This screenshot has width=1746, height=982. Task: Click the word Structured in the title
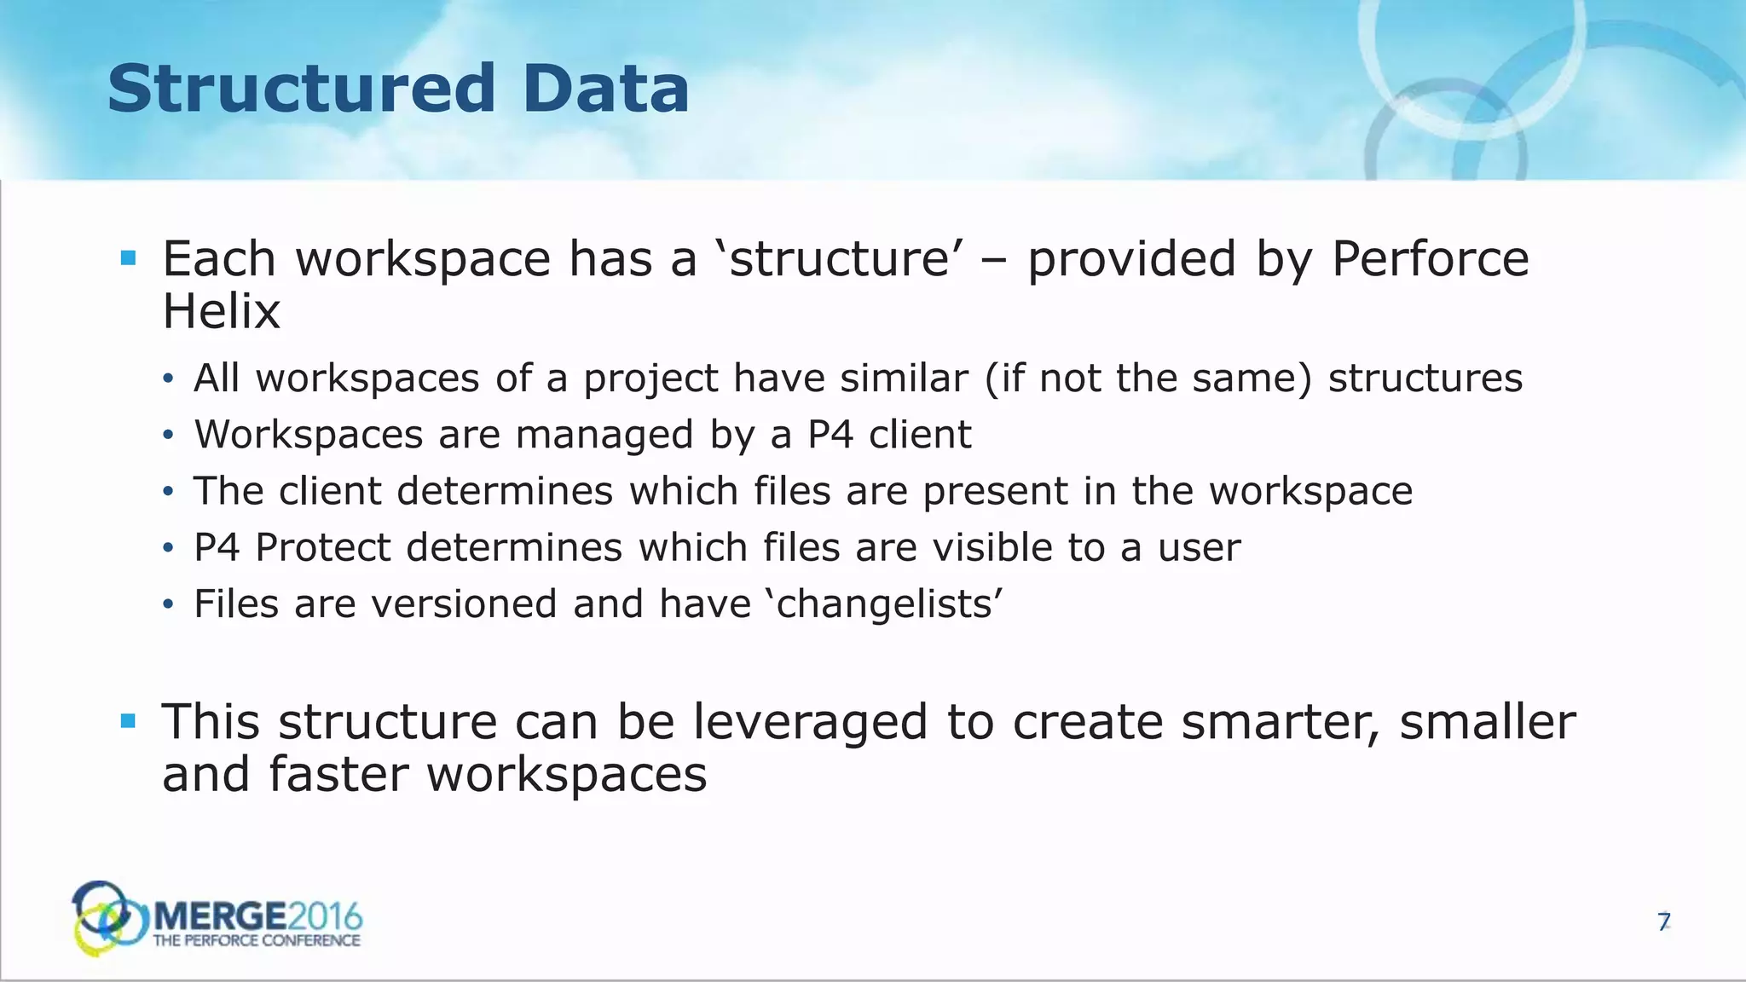point(301,89)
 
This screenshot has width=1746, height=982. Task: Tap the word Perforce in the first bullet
point(1430,259)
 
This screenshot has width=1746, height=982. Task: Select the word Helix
point(221,312)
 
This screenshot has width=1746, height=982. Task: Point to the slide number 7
point(1663,921)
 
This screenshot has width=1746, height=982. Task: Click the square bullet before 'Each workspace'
point(129,258)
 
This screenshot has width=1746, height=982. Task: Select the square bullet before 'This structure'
point(129,722)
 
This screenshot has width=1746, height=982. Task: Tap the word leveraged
point(809,722)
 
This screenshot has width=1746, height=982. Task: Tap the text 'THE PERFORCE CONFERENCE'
point(256,941)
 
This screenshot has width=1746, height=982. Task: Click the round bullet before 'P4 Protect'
point(168,548)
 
